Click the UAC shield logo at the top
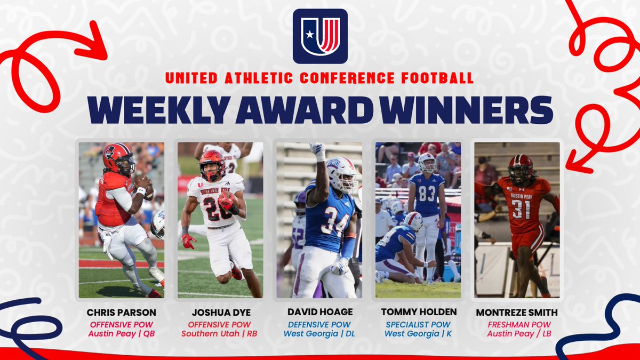point(320,36)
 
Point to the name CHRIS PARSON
point(121,313)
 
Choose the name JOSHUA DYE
point(220,313)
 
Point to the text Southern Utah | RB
point(220,334)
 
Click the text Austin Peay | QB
point(121,334)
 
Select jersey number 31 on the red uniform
point(521,209)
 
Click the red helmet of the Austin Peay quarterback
point(118,158)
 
